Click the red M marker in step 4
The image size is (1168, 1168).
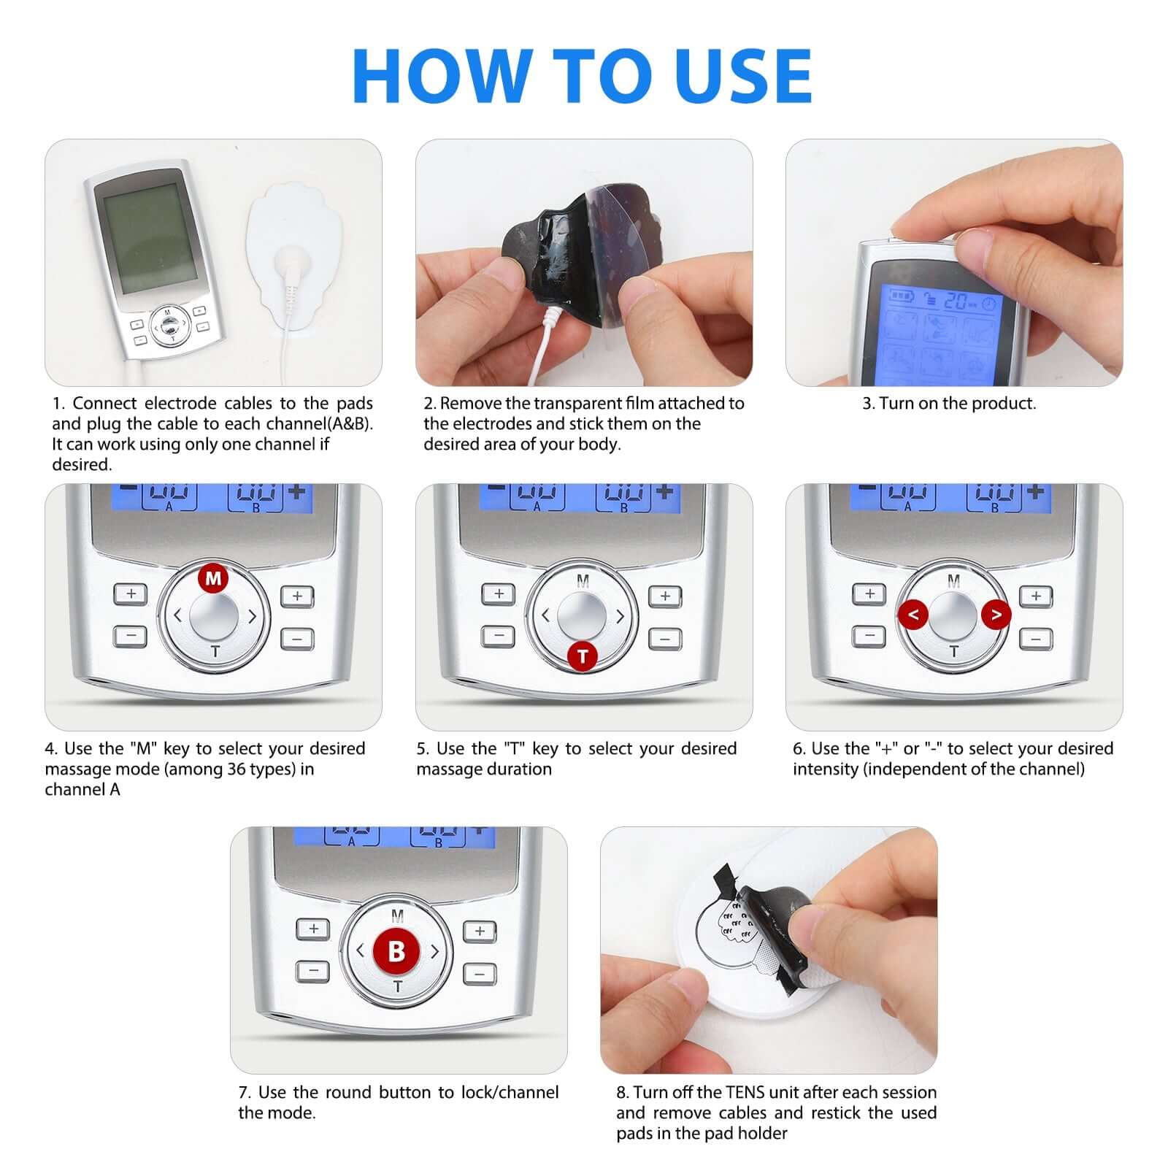(213, 579)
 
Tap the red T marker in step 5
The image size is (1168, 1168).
(583, 656)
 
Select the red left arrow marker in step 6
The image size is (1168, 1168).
(912, 615)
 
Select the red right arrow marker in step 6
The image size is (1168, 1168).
(996, 615)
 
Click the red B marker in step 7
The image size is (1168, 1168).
(396, 951)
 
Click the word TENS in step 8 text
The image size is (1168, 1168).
(744, 1092)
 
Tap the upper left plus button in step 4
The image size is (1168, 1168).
(131, 593)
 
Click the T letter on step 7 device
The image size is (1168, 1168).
(398, 987)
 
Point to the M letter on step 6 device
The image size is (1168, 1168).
(953, 581)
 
